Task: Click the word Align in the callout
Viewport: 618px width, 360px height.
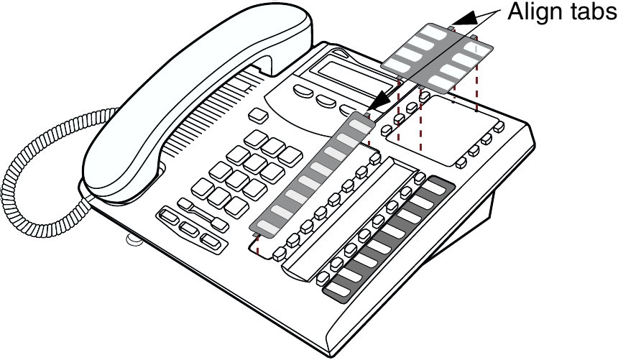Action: point(532,12)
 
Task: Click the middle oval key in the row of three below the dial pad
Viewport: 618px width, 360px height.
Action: point(189,230)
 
